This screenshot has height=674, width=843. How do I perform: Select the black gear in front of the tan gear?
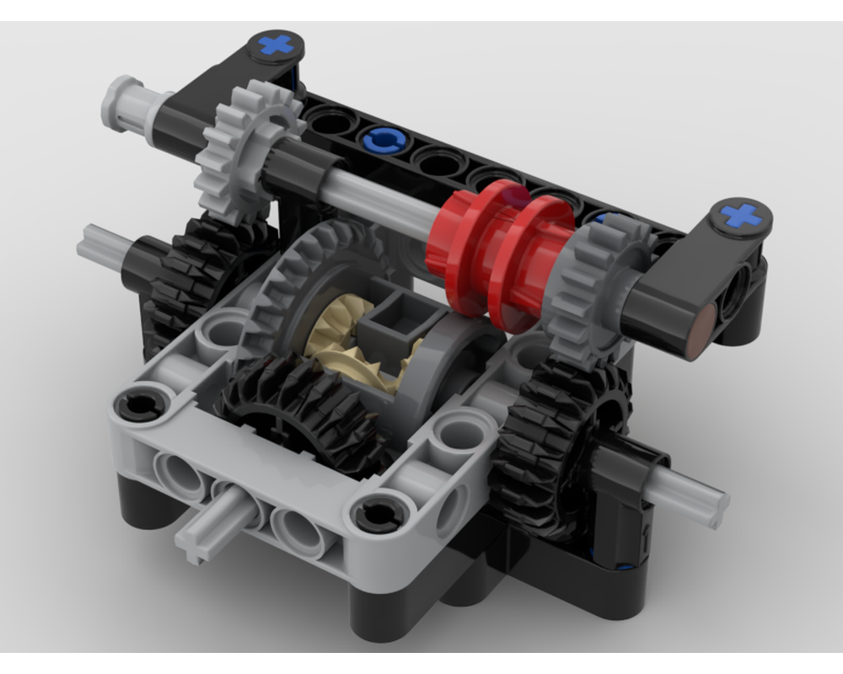(295, 404)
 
